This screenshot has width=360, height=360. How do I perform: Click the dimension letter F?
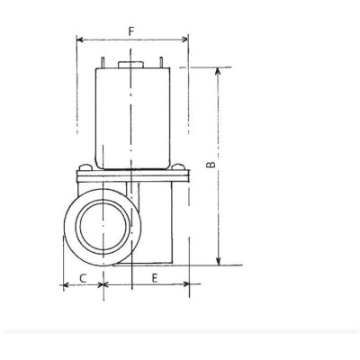click(131, 31)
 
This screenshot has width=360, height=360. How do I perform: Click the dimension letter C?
click(83, 278)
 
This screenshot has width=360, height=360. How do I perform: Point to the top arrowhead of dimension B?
click(218, 71)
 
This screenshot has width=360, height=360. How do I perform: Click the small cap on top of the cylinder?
click(131, 62)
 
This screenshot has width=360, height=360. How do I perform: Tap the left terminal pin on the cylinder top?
click(103, 62)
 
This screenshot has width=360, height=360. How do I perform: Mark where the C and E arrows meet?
click(104, 285)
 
